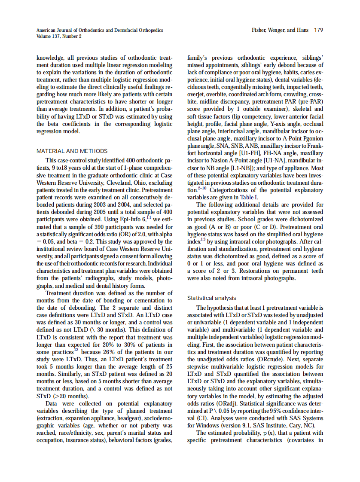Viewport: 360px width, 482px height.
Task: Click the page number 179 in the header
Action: coord(318,30)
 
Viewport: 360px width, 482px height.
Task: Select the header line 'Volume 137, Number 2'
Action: coord(59,36)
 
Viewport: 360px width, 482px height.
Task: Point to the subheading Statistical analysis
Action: coord(212,298)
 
